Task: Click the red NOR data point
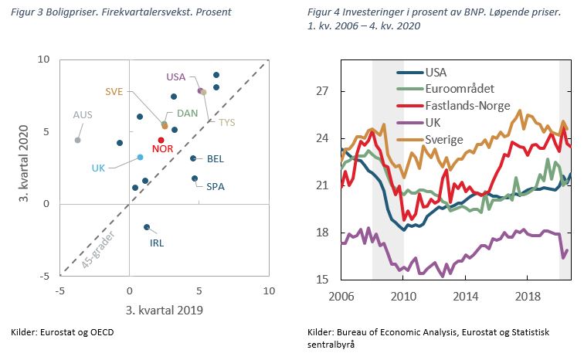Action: click(161, 140)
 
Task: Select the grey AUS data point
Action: click(77, 140)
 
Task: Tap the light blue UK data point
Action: click(140, 157)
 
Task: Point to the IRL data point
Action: click(147, 227)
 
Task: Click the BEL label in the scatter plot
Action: click(216, 159)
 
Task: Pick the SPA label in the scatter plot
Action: click(216, 186)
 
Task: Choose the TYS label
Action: click(227, 122)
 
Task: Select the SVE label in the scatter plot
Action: click(114, 90)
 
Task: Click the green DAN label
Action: click(188, 114)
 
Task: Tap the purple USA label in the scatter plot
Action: click(176, 76)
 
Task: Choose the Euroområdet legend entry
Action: click(460, 89)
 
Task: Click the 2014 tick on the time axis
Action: click(465, 296)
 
